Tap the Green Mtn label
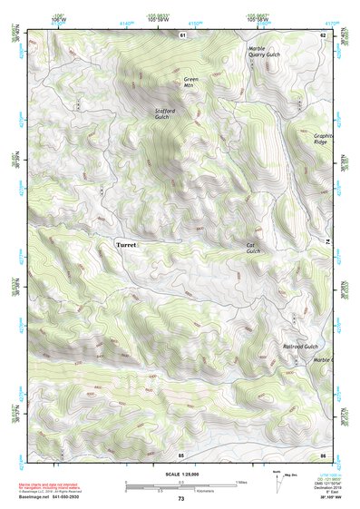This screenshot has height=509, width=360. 190,83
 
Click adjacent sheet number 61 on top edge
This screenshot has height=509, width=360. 181,34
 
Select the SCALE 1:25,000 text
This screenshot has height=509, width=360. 180,475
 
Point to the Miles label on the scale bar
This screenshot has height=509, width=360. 240,481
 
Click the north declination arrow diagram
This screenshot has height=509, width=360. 277,480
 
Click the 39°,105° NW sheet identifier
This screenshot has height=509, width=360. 321,498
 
